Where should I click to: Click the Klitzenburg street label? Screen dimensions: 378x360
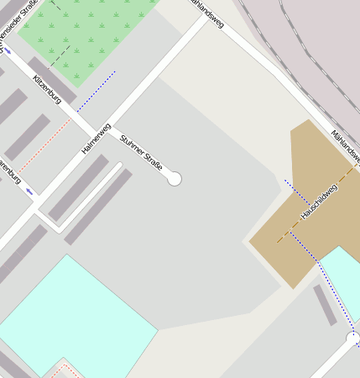point(47,87)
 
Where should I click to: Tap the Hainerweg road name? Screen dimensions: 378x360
point(96,139)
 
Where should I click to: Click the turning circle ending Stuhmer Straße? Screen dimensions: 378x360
point(175,178)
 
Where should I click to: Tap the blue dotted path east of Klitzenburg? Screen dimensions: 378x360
point(97,91)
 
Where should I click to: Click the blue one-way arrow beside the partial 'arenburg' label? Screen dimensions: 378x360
point(30,192)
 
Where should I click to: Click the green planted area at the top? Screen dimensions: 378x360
point(92,34)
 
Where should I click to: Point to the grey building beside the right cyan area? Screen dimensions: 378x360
point(325,305)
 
